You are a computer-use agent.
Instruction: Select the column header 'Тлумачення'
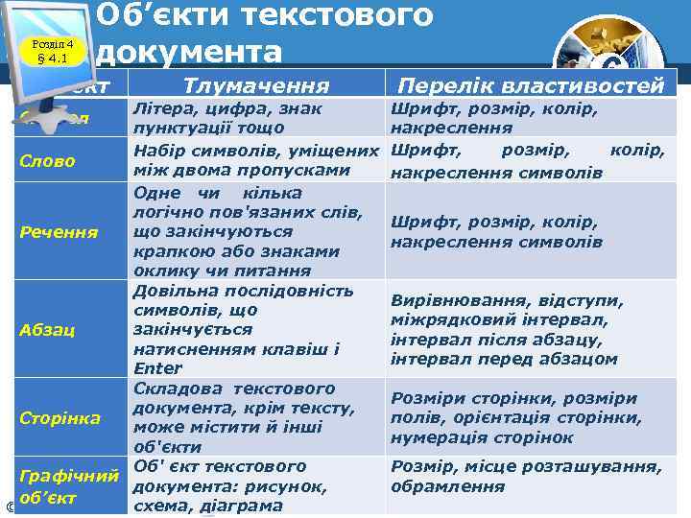click(255, 85)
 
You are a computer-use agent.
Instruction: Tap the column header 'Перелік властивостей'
click(531, 85)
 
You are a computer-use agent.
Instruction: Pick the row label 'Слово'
click(47, 160)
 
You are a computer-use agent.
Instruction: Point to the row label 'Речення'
click(59, 232)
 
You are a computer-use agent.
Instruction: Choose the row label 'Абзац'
click(46, 329)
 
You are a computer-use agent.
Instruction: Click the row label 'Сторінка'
click(60, 417)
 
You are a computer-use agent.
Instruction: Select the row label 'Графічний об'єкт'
click(68, 486)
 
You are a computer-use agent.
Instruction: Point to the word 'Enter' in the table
click(152, 367)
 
